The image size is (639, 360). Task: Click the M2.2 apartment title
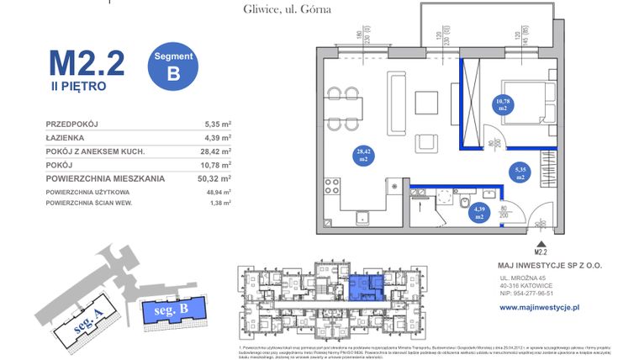pos(87,62)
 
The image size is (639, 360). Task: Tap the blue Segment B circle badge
pos(173,66)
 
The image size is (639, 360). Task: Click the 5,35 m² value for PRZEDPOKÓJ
pos(218,124)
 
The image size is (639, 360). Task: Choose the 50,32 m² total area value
pos(216,178)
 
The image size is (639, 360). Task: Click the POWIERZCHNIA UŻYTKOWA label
pos(94,193)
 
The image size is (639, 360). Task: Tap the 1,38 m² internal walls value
pos(218,204)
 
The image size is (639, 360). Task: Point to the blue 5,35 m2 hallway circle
pos(520,174)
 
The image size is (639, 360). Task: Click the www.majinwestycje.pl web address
pos(540,308)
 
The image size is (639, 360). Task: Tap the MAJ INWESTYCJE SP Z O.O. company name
pos(551,265)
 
